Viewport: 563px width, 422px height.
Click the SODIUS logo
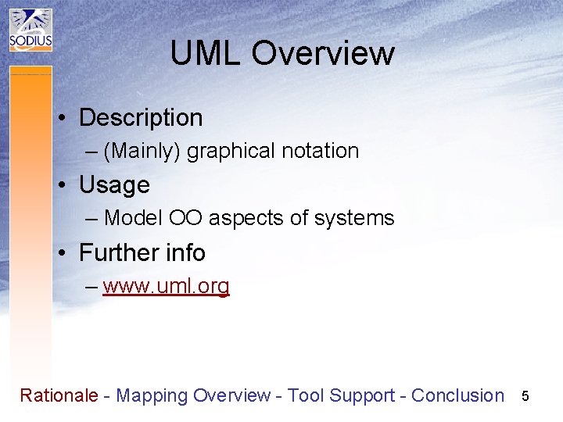[x=30, y=30]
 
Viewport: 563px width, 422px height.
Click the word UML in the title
[x=206, y=54]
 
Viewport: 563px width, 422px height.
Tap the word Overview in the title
[x=323, y=54]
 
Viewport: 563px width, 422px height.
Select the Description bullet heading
[x=141, y=118]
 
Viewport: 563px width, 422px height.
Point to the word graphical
[x=228, y=151]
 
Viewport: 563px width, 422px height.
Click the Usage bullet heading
[x=114, y=185]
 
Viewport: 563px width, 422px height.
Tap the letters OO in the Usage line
[x=186, y=219]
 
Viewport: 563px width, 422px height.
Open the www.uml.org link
[x=166, y=287]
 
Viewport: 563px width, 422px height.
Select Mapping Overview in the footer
[x=193, y=395]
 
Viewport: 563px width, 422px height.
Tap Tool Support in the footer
[x=341, y=395]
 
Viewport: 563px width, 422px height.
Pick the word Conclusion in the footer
[x=457, y=395]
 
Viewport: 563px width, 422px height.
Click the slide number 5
[x=525, y=396]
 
